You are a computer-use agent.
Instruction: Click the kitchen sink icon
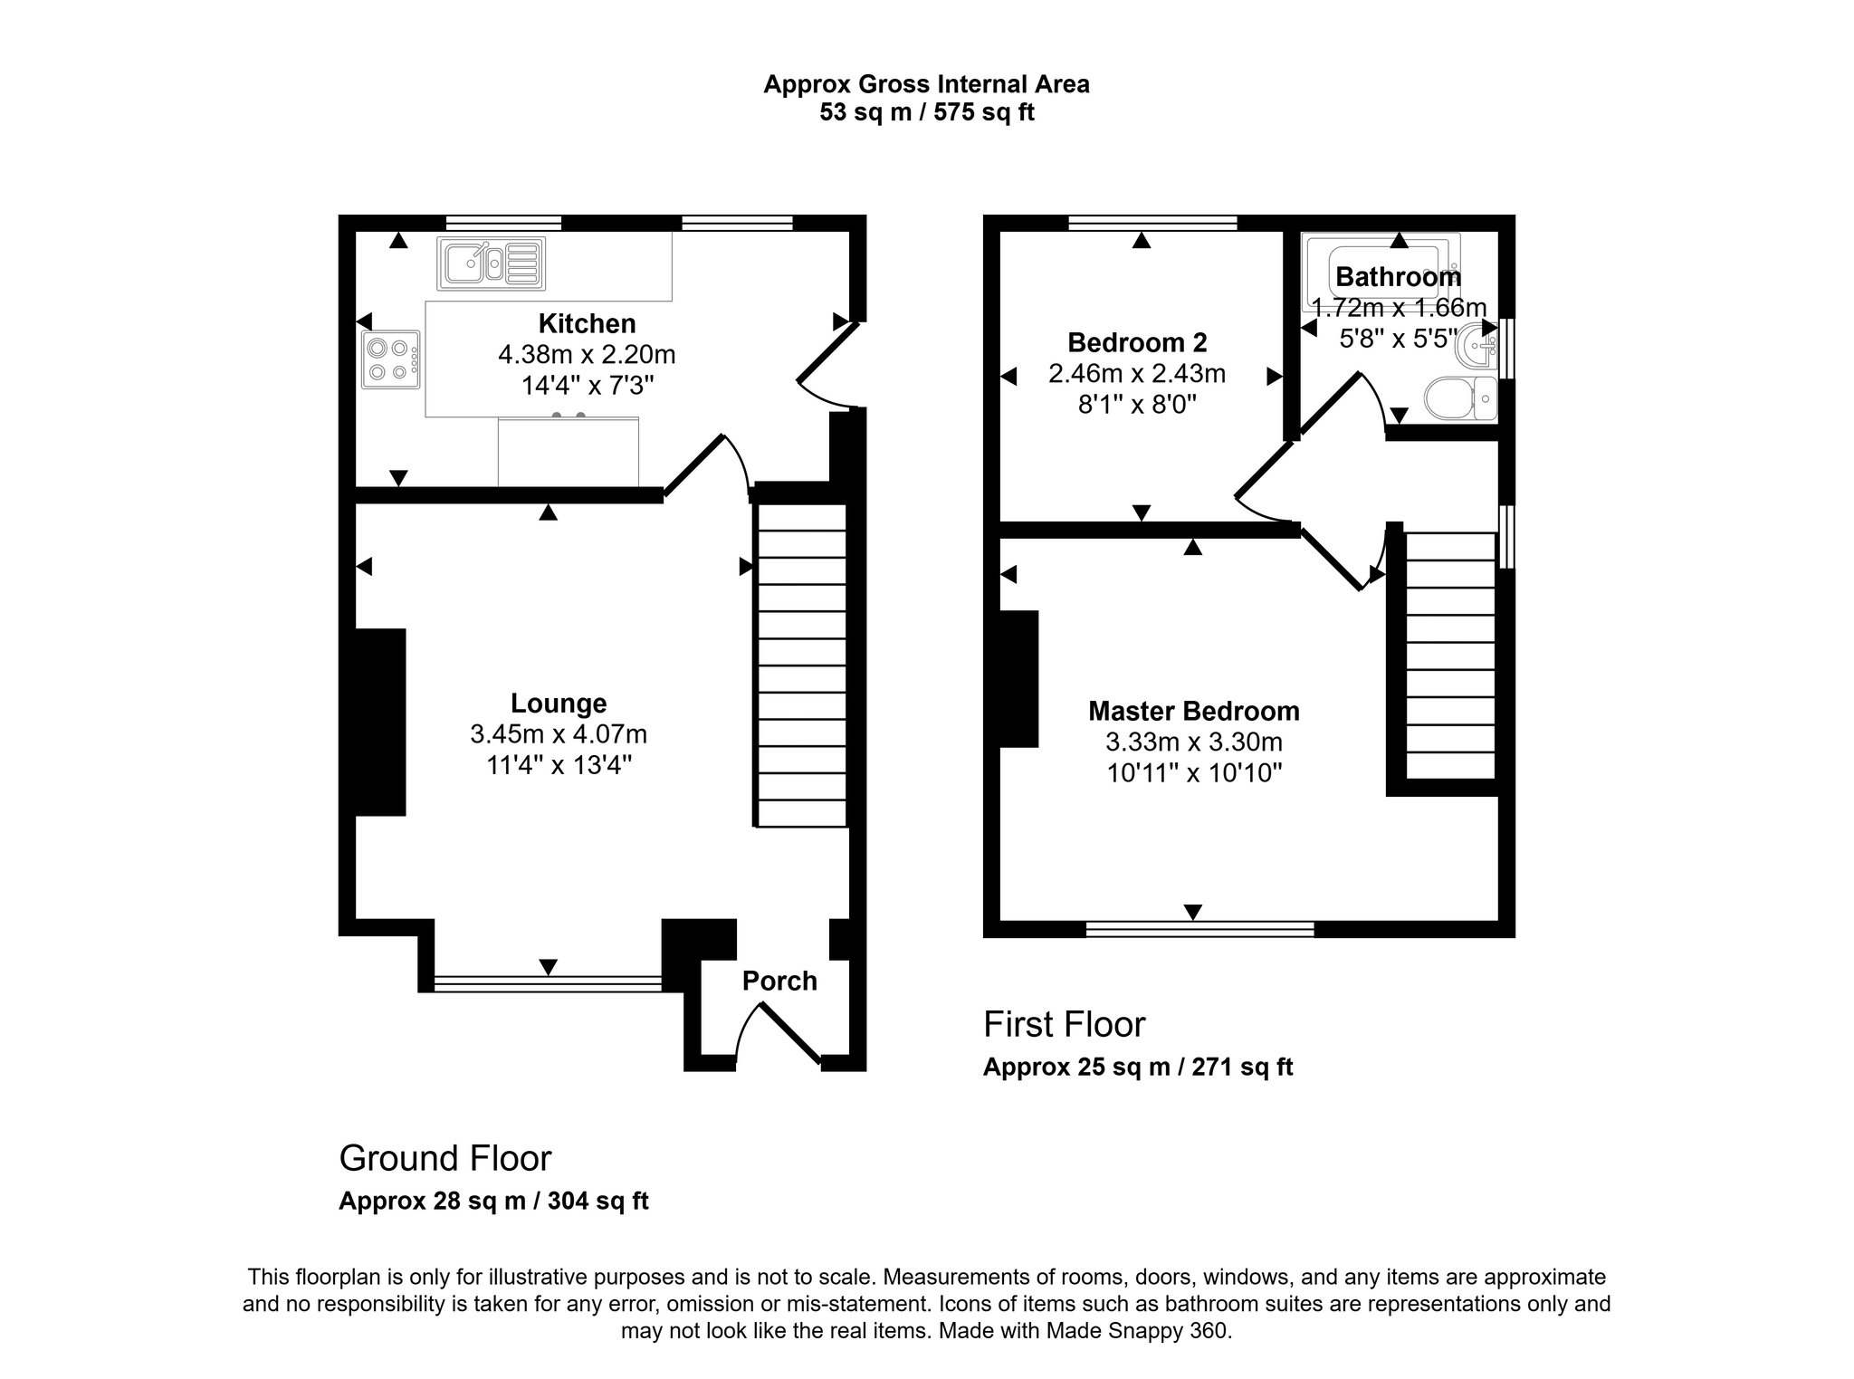tap(492, 263)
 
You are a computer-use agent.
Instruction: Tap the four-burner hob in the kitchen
tap(391, 359)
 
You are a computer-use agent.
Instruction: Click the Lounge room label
tap(559, 704)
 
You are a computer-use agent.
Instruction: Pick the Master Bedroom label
tap(1193, 711)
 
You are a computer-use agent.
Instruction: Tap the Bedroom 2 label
tap(1137, 342)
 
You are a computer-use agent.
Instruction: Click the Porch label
tap(779, 981)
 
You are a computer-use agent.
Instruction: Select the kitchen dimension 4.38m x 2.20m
tap(587, 354)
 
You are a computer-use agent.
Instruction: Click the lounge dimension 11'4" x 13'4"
tap(559, 765)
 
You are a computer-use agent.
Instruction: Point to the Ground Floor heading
tap(444, 1158)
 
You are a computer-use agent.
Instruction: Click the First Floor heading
tap(1064, 1024)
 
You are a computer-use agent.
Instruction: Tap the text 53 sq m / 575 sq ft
tap(926, 112)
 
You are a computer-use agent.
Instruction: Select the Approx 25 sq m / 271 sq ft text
tap(1137, 1068)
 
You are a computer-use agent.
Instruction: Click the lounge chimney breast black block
tap(379, 722)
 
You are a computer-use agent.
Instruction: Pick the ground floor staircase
tap(801, 666)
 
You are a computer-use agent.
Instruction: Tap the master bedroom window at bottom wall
tap(1199, 929)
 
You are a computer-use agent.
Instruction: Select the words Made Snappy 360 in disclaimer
tap(1138, 1331)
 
